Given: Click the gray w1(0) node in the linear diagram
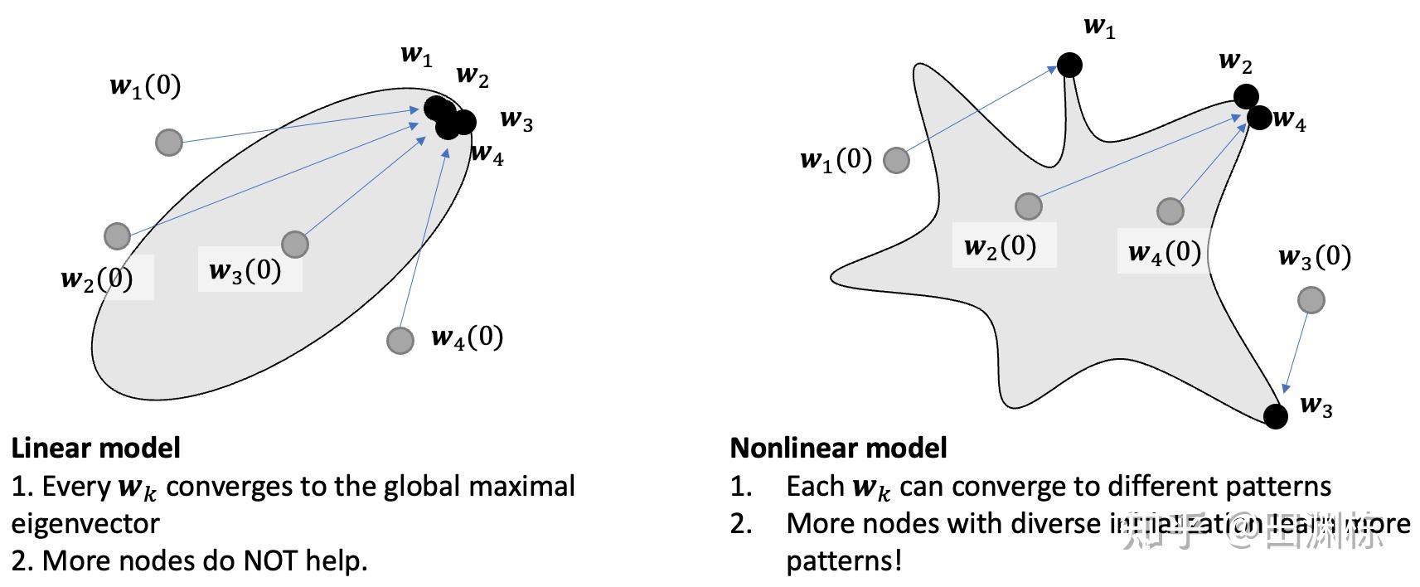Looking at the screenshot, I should pyautogui.click(x=169, y=143).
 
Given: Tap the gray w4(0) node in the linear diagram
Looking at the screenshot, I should pyautogui.click(x=400, y=340).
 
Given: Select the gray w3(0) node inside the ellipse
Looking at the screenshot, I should pyautogui.click(x=295, y=244).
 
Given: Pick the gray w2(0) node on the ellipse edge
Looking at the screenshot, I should pyautogui.click(x=118, y=236).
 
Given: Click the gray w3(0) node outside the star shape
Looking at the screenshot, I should pyautogui.click(x=1311, y=300).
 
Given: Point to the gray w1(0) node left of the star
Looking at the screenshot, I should pyautogui.click(x=896, y=160).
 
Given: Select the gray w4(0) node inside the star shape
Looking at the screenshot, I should pyautogui.click(x=1170, y=211).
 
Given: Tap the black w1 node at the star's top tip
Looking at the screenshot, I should pyautogui.click(x=1069, y=65).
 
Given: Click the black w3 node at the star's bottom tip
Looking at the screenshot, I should pyautogui.click(x=1276, y=416).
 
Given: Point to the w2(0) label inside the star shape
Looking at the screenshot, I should pyautogui.click(x=1001, y=246).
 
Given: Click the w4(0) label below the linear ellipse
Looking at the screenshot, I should pyautogui.click(x=467, y=337).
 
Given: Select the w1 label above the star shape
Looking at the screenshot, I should pyautogui.click(x=1099, y=27).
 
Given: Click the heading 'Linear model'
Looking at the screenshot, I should pyautogui.click(x=95, y=448).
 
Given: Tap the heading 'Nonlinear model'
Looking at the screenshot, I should pyautogui.click(x=838, y=448).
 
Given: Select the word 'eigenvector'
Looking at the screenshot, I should pyautogui.click(x=85, y=523).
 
